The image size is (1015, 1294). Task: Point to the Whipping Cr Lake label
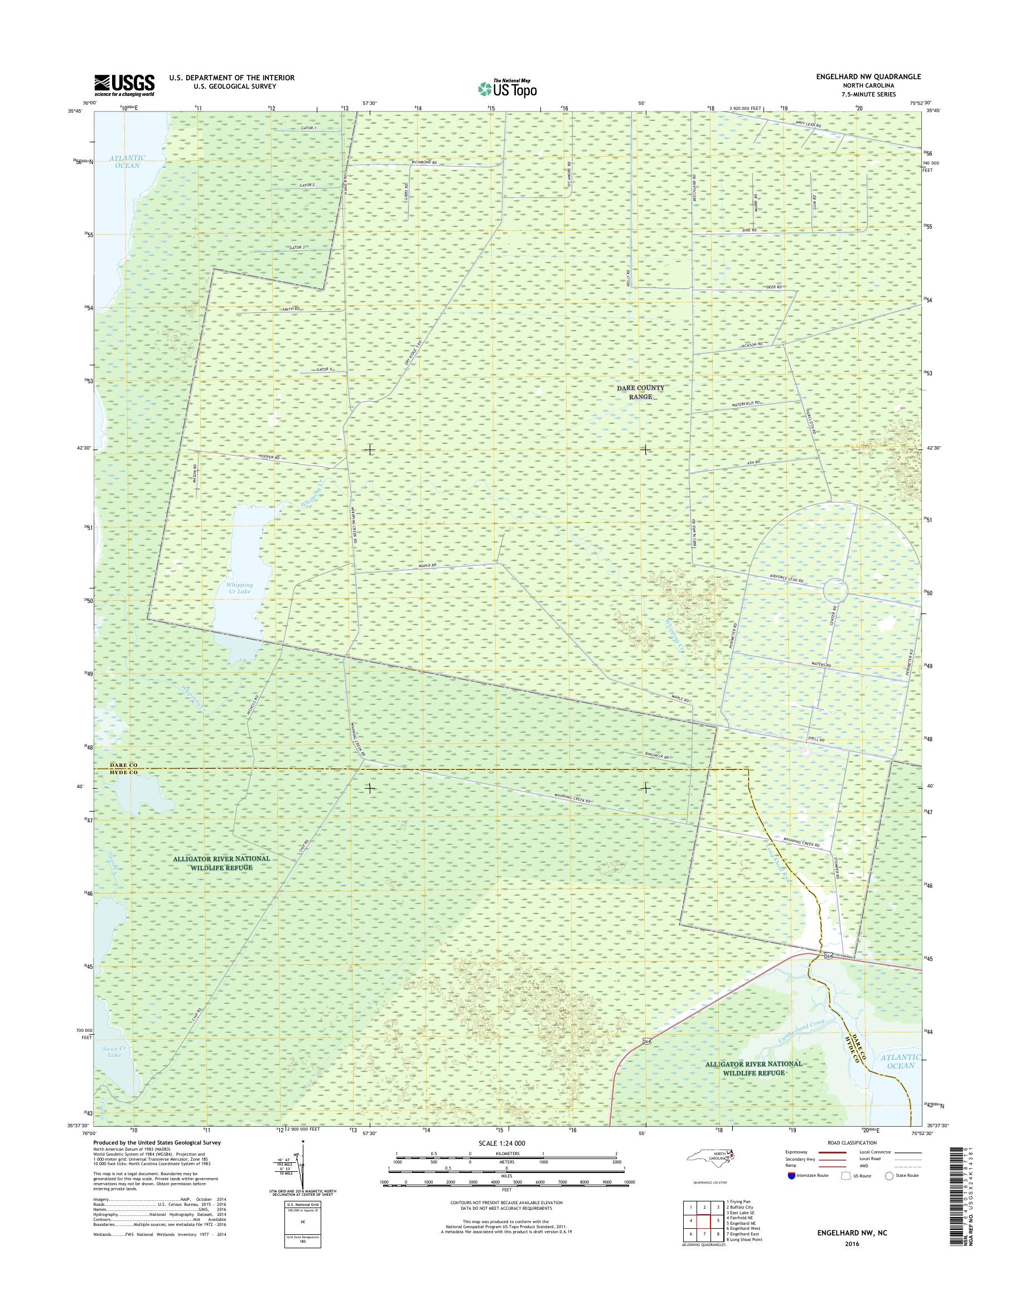point(239,588)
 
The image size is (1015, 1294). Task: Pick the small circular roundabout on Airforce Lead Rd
point(835,591)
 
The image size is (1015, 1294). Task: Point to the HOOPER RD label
point(269,457)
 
